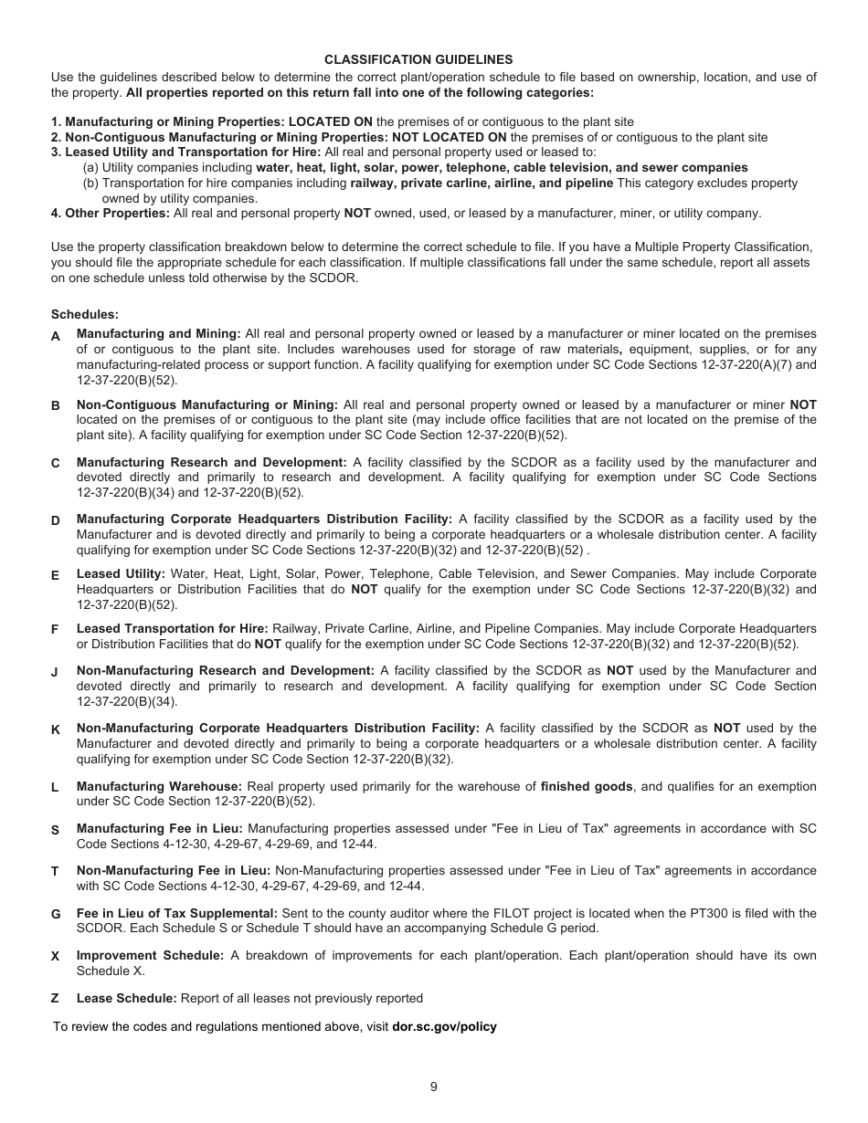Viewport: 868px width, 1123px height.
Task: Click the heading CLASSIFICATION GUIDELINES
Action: click(418, 59)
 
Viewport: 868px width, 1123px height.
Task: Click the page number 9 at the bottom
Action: click(434, 1086)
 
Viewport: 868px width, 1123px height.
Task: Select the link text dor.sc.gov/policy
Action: click(444, 1026)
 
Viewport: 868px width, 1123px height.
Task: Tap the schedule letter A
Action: click(55, 336)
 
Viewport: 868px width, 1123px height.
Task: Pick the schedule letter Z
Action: click(55, 998)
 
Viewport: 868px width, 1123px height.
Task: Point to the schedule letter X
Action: click(55, 956)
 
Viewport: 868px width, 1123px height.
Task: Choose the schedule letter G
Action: click(55, 914)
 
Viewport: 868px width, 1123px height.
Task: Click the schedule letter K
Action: click(55, 729)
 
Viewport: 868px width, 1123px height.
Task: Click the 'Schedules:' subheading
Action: click(85, 314)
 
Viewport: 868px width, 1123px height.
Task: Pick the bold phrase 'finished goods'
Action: click(587, 786)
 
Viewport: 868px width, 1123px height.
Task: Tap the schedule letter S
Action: click(55, 830)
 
